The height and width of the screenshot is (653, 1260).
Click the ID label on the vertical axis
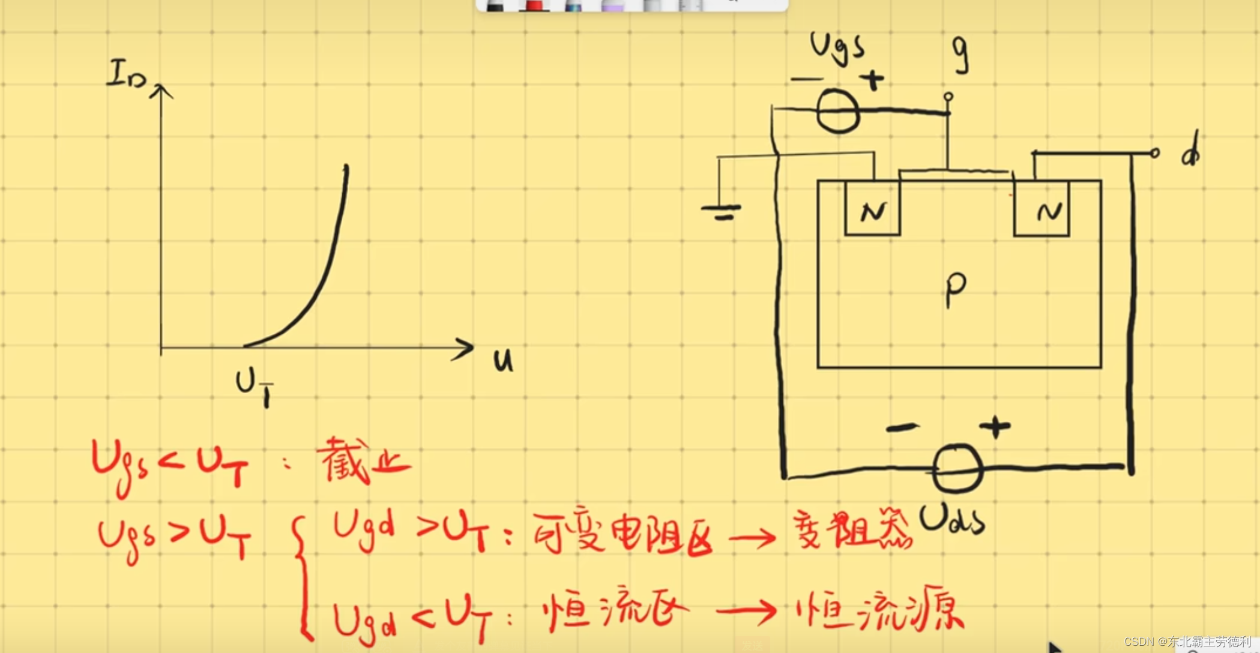tap(125, 76)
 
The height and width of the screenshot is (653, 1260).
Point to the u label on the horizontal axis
tap(503, 360)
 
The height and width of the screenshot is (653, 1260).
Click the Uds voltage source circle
tap(957, 469)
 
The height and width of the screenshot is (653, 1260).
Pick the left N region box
tap(872, 209)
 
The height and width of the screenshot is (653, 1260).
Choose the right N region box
tap(1041, 209)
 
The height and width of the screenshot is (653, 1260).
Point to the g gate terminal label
tap(960, 54)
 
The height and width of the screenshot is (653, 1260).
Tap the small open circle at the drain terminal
tap(1155, 153)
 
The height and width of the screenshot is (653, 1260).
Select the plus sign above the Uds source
tap(995, 427)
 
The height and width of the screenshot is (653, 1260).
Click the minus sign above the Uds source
tap(902, 427)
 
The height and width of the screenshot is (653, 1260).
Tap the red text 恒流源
tap(880, 612)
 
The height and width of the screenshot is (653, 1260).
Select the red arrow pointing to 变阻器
tap(753, 537)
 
